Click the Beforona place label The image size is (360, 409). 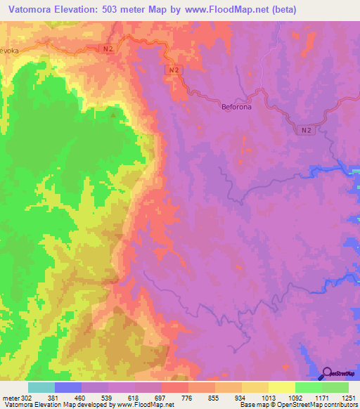236,107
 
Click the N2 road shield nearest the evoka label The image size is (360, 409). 105,48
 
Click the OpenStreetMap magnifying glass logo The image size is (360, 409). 328,372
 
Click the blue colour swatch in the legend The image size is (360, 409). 67,387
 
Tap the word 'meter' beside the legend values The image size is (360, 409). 11,398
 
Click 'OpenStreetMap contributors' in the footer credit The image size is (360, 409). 324,405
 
